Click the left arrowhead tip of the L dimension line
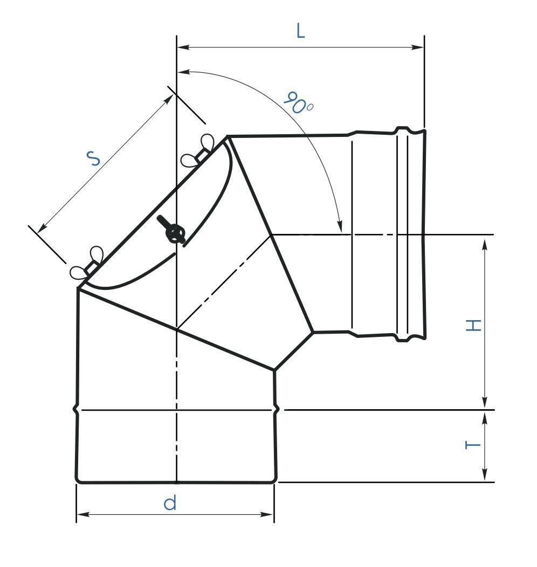click(177, 47)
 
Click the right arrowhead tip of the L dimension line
click(423, 47)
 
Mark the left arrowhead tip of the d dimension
click(77, 514)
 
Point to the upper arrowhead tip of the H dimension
click(485, 238)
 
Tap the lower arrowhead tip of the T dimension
click(485, 481)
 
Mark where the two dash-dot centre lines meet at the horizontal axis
click(272, 235)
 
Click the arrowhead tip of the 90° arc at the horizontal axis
click(341, 232)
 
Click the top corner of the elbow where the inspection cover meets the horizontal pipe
click(228, 136)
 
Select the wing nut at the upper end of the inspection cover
click(197, 150)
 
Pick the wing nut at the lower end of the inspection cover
click(87, 264)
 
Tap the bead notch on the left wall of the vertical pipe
click(76, 410)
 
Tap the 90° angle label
click(298, 103)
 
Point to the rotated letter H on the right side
click(473, 325)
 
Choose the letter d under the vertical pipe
click(170, 502)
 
